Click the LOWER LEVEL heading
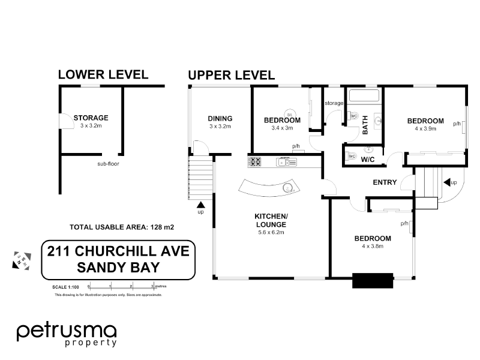tap(103, 74)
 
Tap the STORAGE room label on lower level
tap(91, 118)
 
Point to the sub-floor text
tap(109, 163)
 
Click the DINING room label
tap(220, 118)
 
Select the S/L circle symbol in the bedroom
tap(290, 114)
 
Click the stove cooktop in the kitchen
tap(254, 161)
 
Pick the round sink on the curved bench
tap(289, 188)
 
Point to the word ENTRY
tap(385, 182)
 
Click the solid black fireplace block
tap(372, 281)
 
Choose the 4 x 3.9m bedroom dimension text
tap(425, 128)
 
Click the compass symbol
tap(20, 261)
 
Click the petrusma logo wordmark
tap(66, 331)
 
